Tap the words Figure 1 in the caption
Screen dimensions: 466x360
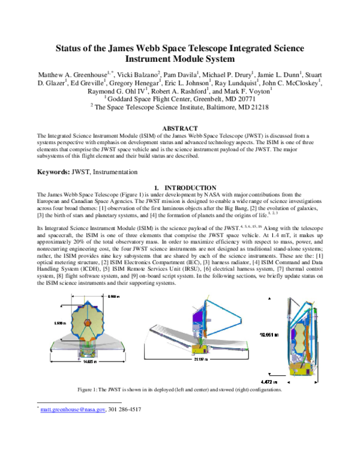89,390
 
